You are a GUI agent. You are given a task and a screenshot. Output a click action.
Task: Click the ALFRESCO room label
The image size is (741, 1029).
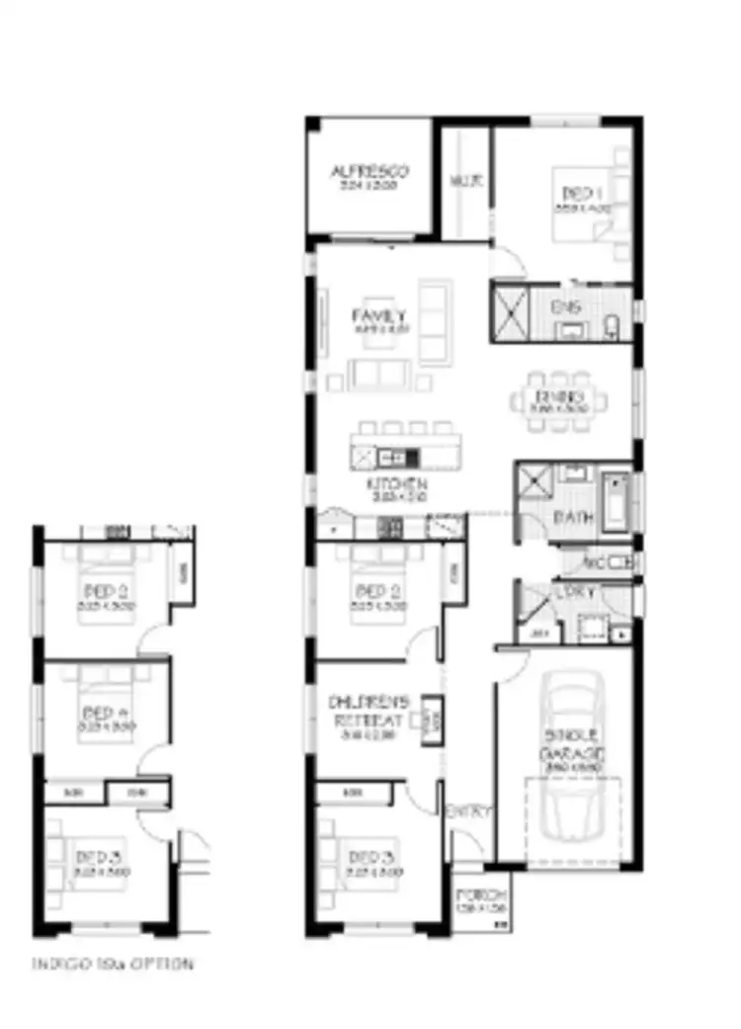pyautogui.click(x=369, y=171)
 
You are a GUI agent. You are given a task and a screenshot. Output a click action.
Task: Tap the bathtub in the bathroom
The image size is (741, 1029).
pyautogui.click(x=615, y=501)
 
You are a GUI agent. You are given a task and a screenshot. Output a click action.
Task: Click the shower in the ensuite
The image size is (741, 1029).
pyautogui.click(x=511, y=312)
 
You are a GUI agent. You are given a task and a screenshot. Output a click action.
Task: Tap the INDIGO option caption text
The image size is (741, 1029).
pyautogui.click(x=112, y=963)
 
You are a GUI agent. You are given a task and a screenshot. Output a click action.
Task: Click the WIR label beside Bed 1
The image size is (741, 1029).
pyautogui.click(x=464, y=181)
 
